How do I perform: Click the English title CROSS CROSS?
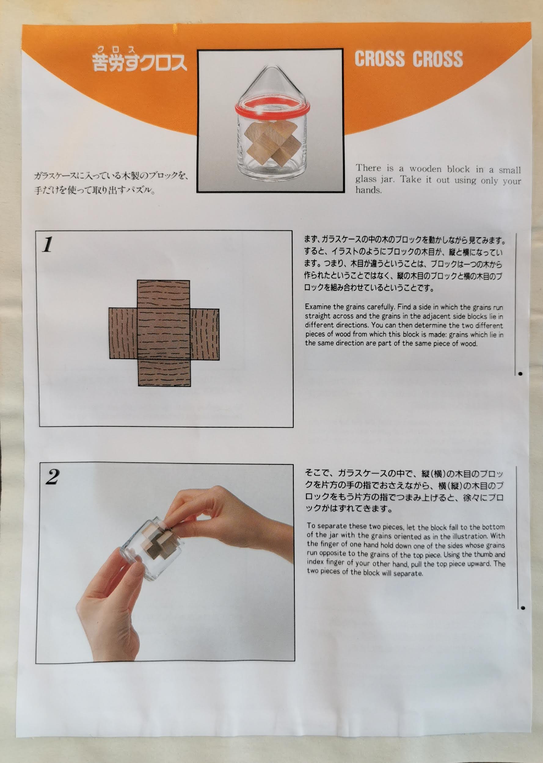[409, 59]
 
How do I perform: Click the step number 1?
[47, 244]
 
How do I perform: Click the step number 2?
[53, 477]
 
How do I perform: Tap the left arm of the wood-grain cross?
[123, 333]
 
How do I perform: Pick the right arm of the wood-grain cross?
[205, 334]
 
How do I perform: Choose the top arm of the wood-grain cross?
[163, 294]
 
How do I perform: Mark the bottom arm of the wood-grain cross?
[165, 372]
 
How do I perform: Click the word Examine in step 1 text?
[318, 307]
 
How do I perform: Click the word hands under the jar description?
[368, 190]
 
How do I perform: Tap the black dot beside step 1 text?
[520, 374]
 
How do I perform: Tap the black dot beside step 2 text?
[523, 608]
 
